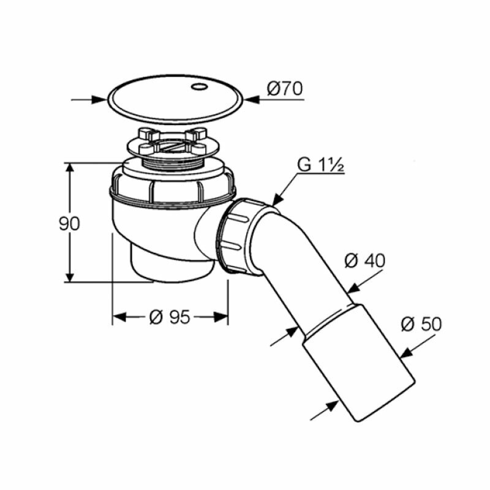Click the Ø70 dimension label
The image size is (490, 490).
(285, 89)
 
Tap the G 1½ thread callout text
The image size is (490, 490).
(320, 165)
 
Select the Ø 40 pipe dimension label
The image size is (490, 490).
(364, 261)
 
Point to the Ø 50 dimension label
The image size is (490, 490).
(421, 324)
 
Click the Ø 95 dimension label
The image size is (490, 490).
(170, 317)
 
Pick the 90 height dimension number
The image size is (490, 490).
(69, 224)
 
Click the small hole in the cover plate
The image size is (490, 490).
(198, 86)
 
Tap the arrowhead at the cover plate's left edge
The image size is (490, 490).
(99, 100)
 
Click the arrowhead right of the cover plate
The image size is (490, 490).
(252, 100)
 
